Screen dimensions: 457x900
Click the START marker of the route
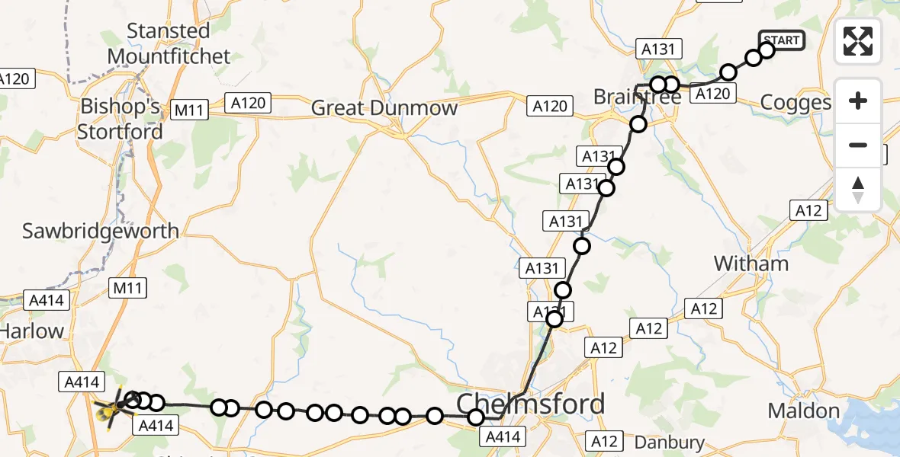click(781, 40)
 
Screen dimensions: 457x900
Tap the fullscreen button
click(858, 41)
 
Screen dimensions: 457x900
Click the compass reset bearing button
click(858, 190)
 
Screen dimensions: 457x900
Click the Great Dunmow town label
click(384, 108)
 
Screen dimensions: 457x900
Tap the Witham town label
click(751, 264)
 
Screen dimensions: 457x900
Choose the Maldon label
click(803, 411)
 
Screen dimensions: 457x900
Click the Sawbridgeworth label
click(101, 231)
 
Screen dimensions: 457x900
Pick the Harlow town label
click(32, 331)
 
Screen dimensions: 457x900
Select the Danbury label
click(669, 442)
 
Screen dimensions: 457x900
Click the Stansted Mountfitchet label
click(169, 43)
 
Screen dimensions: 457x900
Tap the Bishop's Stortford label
click(120, 120)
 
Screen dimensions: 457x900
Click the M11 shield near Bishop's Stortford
click(188, 110)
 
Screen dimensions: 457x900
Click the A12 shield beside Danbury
click(603, 440)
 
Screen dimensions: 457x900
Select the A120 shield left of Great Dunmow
click(249, 102)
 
